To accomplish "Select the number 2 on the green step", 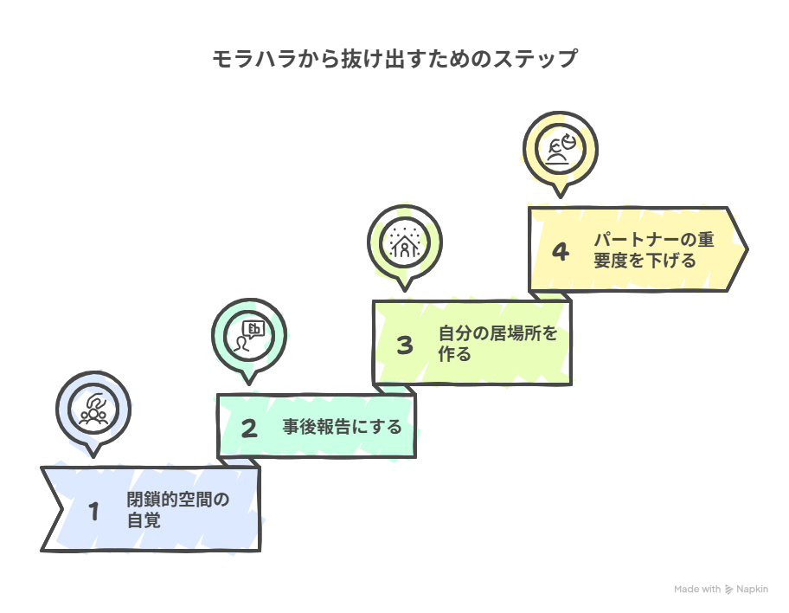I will (x=249, y=428).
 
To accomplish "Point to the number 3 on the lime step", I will (x=405, y=345).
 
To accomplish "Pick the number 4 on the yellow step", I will (x=561, y=252).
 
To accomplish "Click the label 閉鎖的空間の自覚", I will (x=177, y=509).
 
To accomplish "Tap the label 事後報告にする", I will (x=342, y=427).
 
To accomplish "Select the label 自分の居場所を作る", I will (x=497, y=343).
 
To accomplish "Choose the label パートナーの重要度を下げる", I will (x=654, y=250).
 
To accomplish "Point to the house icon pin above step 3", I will (x=405, y=242).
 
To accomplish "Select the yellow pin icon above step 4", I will (x=561, y=149).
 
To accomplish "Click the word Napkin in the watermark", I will (x=752, y=590).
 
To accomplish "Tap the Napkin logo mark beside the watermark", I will (x=729, y=590).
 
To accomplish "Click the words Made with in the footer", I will (x=697, y=590).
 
